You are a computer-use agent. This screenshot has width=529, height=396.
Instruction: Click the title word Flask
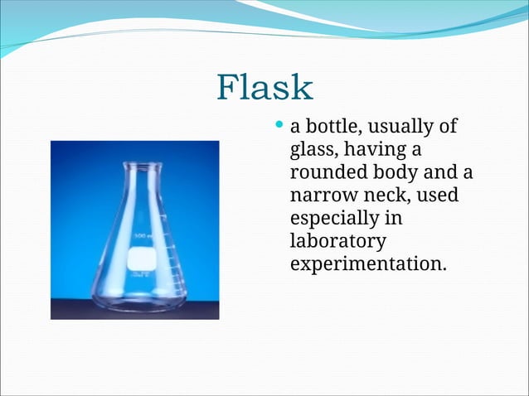click(x=264, y=88)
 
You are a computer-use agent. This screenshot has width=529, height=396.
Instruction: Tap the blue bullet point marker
click(x=279, y=127)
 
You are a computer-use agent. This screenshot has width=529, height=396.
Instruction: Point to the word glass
click(x=313, y=152)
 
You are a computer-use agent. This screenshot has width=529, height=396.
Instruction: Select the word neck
click(x=383, y=196)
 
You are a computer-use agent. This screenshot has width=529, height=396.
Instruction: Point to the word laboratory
click(x=337, y=242)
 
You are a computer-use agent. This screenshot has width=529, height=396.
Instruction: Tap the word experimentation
click(x=368, y=264)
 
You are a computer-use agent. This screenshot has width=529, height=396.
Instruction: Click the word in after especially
click(x=394, y=219)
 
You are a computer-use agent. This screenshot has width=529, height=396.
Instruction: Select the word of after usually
click(x=449, y=128)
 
